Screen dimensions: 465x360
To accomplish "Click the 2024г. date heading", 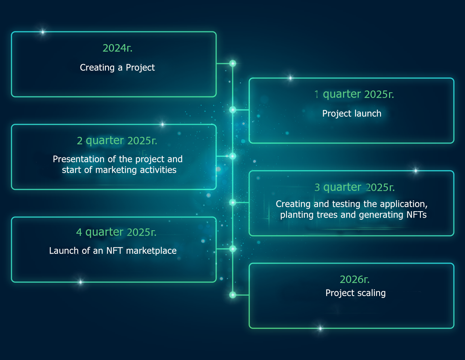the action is click(x=117, y=48).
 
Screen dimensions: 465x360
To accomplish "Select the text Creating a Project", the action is click(x=117, y=68).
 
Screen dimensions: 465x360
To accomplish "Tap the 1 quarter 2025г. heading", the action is click(x=354, y=94).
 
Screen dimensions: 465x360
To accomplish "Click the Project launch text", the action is click(x=352, y=114).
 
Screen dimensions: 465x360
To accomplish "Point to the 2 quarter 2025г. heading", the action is click(x=117, y=141).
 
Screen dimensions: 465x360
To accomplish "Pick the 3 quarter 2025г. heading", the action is click(x=355, y=187).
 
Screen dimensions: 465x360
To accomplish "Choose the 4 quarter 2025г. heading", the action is click(x=116, y=232).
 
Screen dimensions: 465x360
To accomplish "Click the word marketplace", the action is click(x=151, y=251).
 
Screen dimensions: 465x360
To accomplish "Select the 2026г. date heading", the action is click(x=355, y=279).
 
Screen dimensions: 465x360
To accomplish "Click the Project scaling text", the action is click(x=355, y=293).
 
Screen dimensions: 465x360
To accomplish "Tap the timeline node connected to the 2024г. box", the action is click(x=233, y=64).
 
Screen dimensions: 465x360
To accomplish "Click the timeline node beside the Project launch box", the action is click(x=233, y=110).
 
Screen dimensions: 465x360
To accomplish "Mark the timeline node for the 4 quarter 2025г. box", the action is click(x=233, y=249).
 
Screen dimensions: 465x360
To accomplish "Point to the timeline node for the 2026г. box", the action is click(x=233, y=295).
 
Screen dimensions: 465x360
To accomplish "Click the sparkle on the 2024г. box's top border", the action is click(x=43, y=32).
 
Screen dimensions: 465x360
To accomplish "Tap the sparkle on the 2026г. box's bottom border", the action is click(x=320, y=328).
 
